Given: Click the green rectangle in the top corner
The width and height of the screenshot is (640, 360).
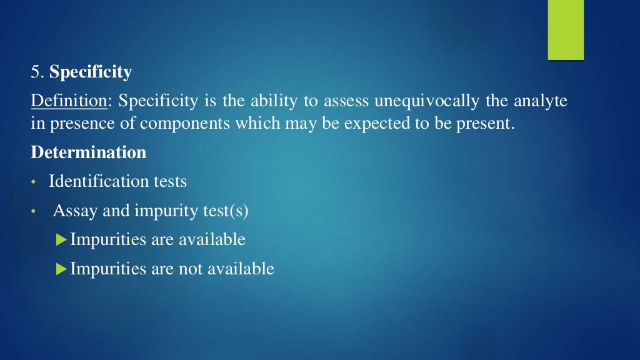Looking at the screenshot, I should pyautogui.click(x=566, y=29).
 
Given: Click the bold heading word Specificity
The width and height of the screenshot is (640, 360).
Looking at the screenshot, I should pyautogui.click(x=91, y=72).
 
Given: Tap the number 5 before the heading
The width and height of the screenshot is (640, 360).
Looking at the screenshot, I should pyautogui.click(x=35, y=72).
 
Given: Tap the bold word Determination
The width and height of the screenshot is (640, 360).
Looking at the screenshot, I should pyautogui.click(x=89, y=152).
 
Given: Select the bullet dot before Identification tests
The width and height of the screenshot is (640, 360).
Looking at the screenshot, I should pyautogui.click(x=34, y=182).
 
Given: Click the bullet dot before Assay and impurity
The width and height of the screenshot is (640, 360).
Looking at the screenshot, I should pyautogui.click(x=34, y=212).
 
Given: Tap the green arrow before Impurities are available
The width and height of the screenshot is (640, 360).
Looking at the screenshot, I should pyautogui.click(x=61, y=239).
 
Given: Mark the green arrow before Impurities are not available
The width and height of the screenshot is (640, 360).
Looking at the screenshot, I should pyautogui.click(x=61, y=269).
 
